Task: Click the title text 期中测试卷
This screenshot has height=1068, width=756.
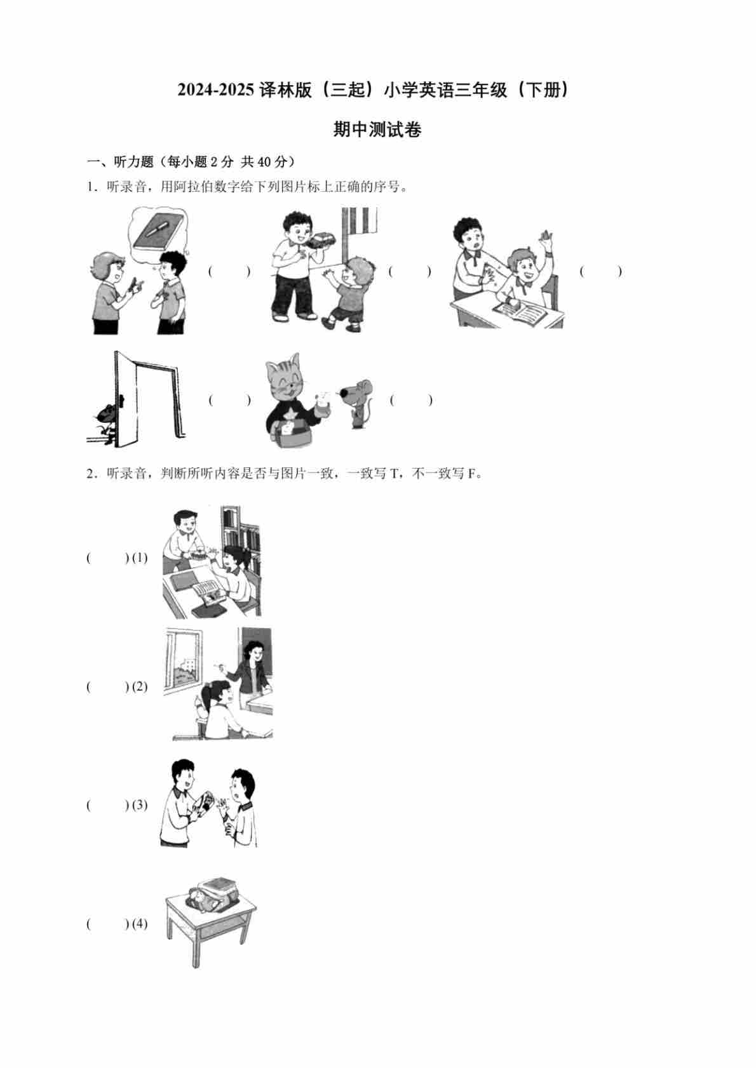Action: pyautogui.click(x=377, y=129)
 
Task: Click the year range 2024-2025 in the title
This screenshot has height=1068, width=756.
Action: pyautogui.click(x=215, y=90)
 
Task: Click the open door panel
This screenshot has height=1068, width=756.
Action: pyautogui.click(x=126, y=399)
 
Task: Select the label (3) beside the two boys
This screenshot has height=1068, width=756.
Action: pyautogui.click(x=139, y=805)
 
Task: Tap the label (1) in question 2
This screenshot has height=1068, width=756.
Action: pyautogui.click(x=139, y=557)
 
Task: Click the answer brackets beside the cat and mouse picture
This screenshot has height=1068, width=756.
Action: pyautogui.click(x=410, y=400)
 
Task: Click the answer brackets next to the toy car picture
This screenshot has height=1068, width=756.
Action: pyautogui.click(x=410, y=271)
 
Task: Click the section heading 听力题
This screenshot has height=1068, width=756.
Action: pyautogui.click(x=133, y=162)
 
